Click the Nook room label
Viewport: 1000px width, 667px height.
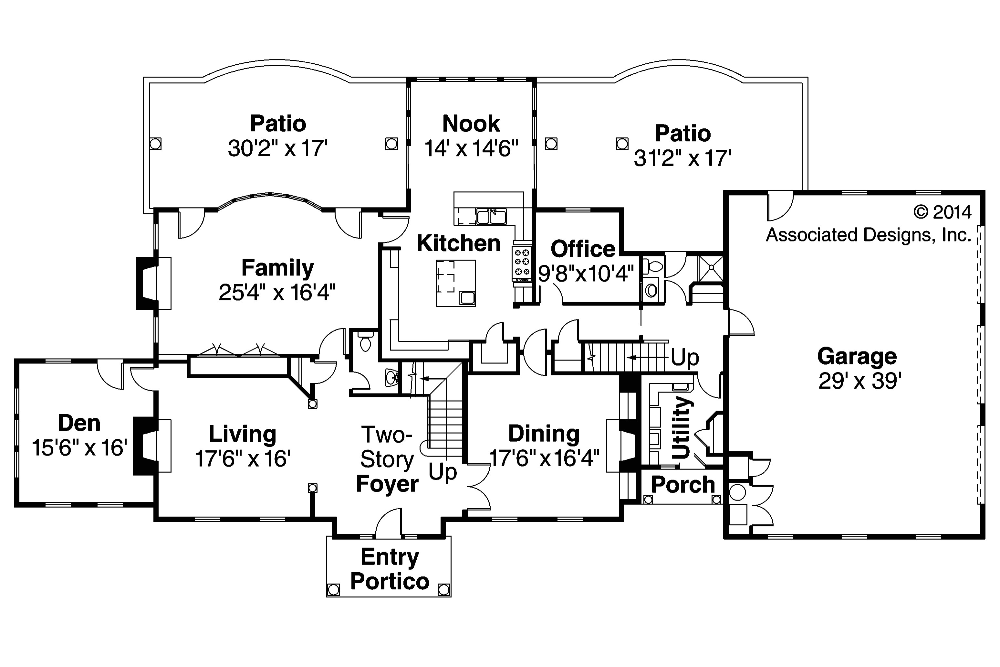point(471,124)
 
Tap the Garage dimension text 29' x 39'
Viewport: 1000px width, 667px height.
point(859,381)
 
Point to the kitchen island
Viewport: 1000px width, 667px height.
point(456,283)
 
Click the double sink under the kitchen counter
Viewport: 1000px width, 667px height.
point(491,217)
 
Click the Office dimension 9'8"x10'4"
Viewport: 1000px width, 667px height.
point(586,274)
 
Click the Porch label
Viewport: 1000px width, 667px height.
point(682,485)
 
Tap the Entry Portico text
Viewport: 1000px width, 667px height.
point(390,569)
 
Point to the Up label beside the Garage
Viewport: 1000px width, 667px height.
point(685,357)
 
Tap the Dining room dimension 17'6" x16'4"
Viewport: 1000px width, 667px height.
point(544,458)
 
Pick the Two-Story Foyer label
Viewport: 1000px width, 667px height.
point(387,459)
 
